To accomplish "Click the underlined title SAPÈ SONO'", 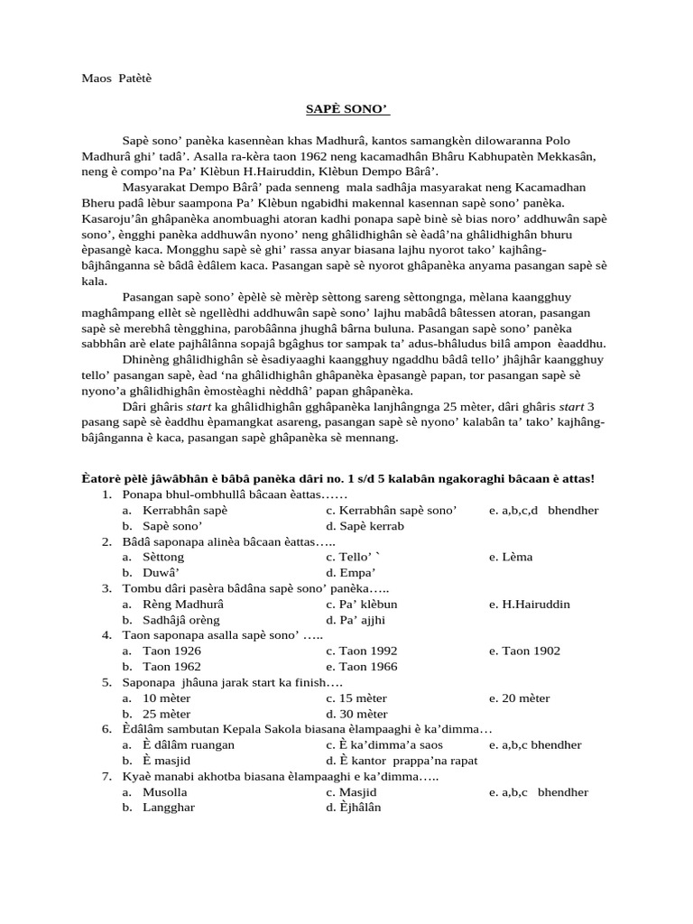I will coord(346,109).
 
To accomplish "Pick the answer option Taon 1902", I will coord(531,651).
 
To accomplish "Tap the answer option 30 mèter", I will coord(356,714).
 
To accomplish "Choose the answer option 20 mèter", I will coord(526,698).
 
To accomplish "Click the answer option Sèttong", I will coord(162,557).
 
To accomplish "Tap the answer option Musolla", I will coord(165,792).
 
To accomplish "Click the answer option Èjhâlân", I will coord(354,808).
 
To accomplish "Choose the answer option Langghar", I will coord(168,808).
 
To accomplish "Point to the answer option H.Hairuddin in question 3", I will coord(536,604).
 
